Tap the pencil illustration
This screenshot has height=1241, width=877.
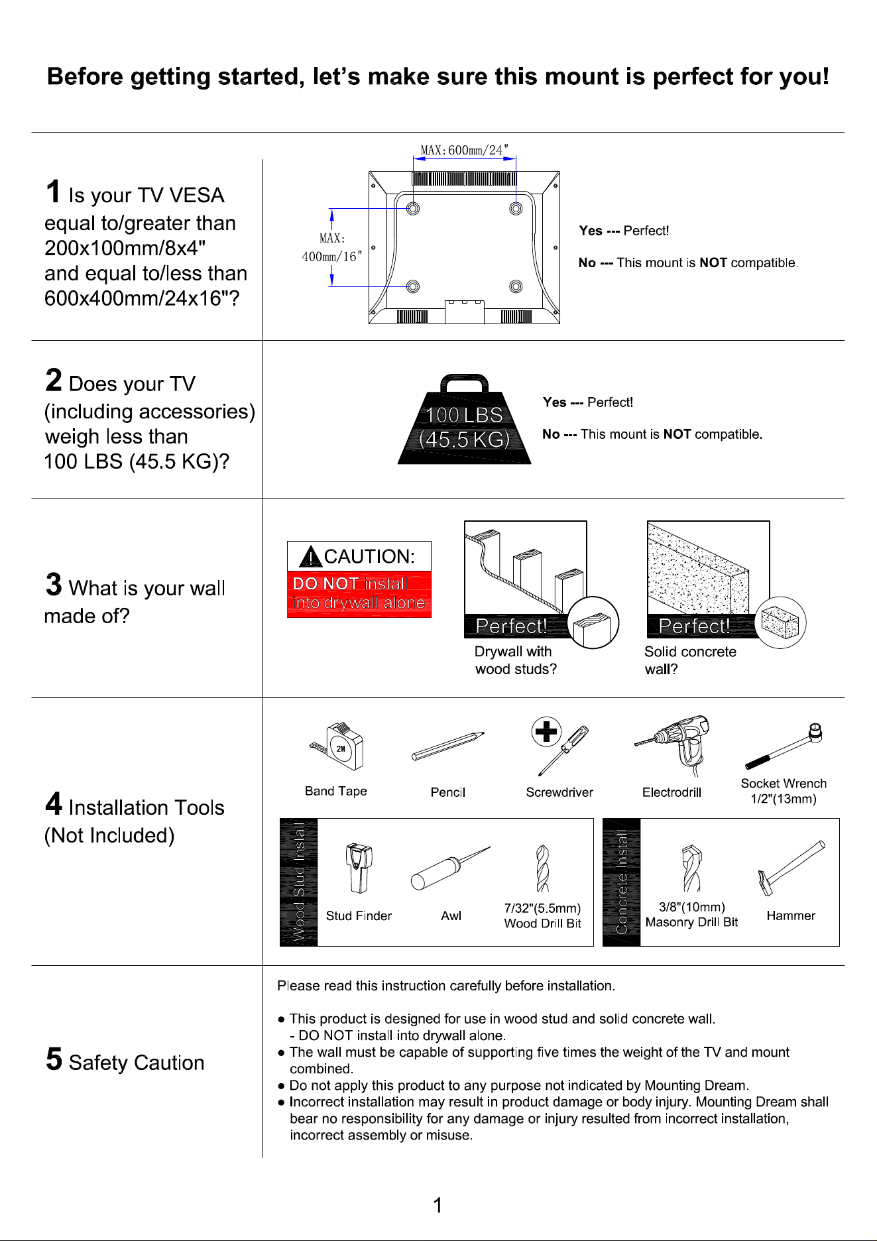448,746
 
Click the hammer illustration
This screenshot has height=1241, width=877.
791,868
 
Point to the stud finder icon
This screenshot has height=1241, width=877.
359,868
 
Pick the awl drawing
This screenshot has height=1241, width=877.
451,868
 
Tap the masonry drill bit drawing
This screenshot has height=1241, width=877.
691,868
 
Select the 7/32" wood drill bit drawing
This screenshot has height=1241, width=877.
543,868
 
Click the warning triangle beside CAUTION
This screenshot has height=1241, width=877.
310,557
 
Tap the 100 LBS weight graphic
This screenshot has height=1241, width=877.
464,419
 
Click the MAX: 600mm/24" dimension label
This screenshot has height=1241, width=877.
465,150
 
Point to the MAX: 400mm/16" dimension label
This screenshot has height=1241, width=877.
332,247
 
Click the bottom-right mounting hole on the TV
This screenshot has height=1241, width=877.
516,286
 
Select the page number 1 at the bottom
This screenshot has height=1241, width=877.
438,1205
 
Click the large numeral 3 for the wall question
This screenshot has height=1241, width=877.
54,585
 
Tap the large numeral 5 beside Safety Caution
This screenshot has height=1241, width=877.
54,1059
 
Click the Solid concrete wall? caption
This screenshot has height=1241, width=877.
690,660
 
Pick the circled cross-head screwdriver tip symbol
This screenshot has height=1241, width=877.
546,732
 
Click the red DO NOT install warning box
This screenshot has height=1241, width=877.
359,594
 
